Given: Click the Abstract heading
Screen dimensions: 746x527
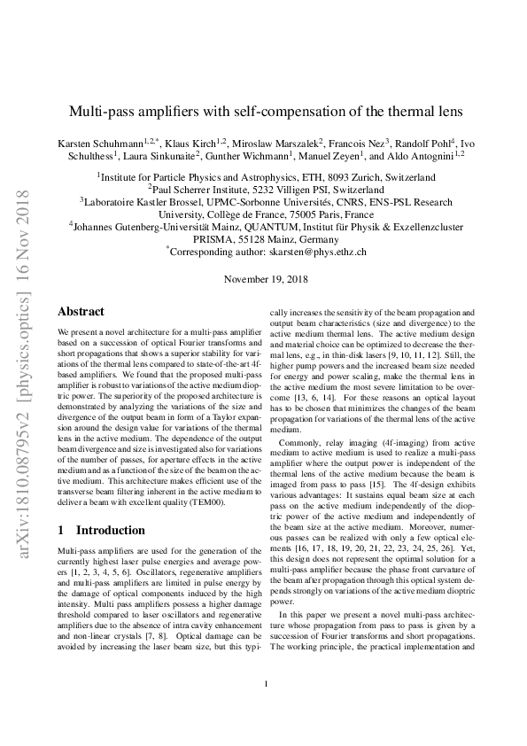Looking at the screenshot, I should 81,312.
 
